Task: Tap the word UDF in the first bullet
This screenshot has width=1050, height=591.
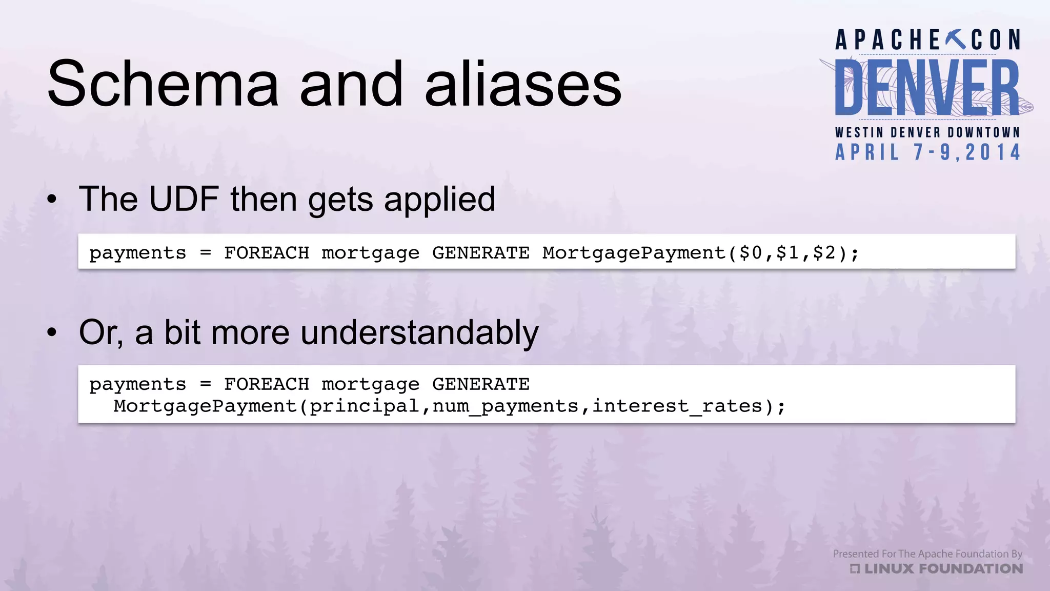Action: coord(184,199)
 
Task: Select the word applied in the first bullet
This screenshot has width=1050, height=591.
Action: coord(439,199)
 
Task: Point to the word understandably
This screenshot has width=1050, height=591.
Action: coord(419,332)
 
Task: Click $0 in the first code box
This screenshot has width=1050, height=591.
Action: coord(751,253)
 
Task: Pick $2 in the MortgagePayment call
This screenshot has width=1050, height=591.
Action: coord(824,253)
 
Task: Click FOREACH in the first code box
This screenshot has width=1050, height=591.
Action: coord(267,253)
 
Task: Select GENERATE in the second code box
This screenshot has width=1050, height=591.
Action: coord(480,384)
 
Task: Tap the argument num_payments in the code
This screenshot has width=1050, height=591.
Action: coord(505,406)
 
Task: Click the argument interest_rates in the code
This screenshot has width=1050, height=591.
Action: coord(677,406)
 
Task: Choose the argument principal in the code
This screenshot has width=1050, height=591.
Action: coord(364,406)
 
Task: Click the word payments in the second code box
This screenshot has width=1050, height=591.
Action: coord(137,384)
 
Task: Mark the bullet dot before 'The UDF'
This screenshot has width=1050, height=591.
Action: coord(52,200)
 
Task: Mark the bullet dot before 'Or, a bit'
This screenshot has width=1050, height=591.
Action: coord(52,333)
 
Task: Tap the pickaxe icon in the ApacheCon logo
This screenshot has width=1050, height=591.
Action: coord(956,40)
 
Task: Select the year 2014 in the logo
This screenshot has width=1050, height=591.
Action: coord(993,152)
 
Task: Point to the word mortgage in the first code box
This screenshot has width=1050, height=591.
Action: coord(370,253)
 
